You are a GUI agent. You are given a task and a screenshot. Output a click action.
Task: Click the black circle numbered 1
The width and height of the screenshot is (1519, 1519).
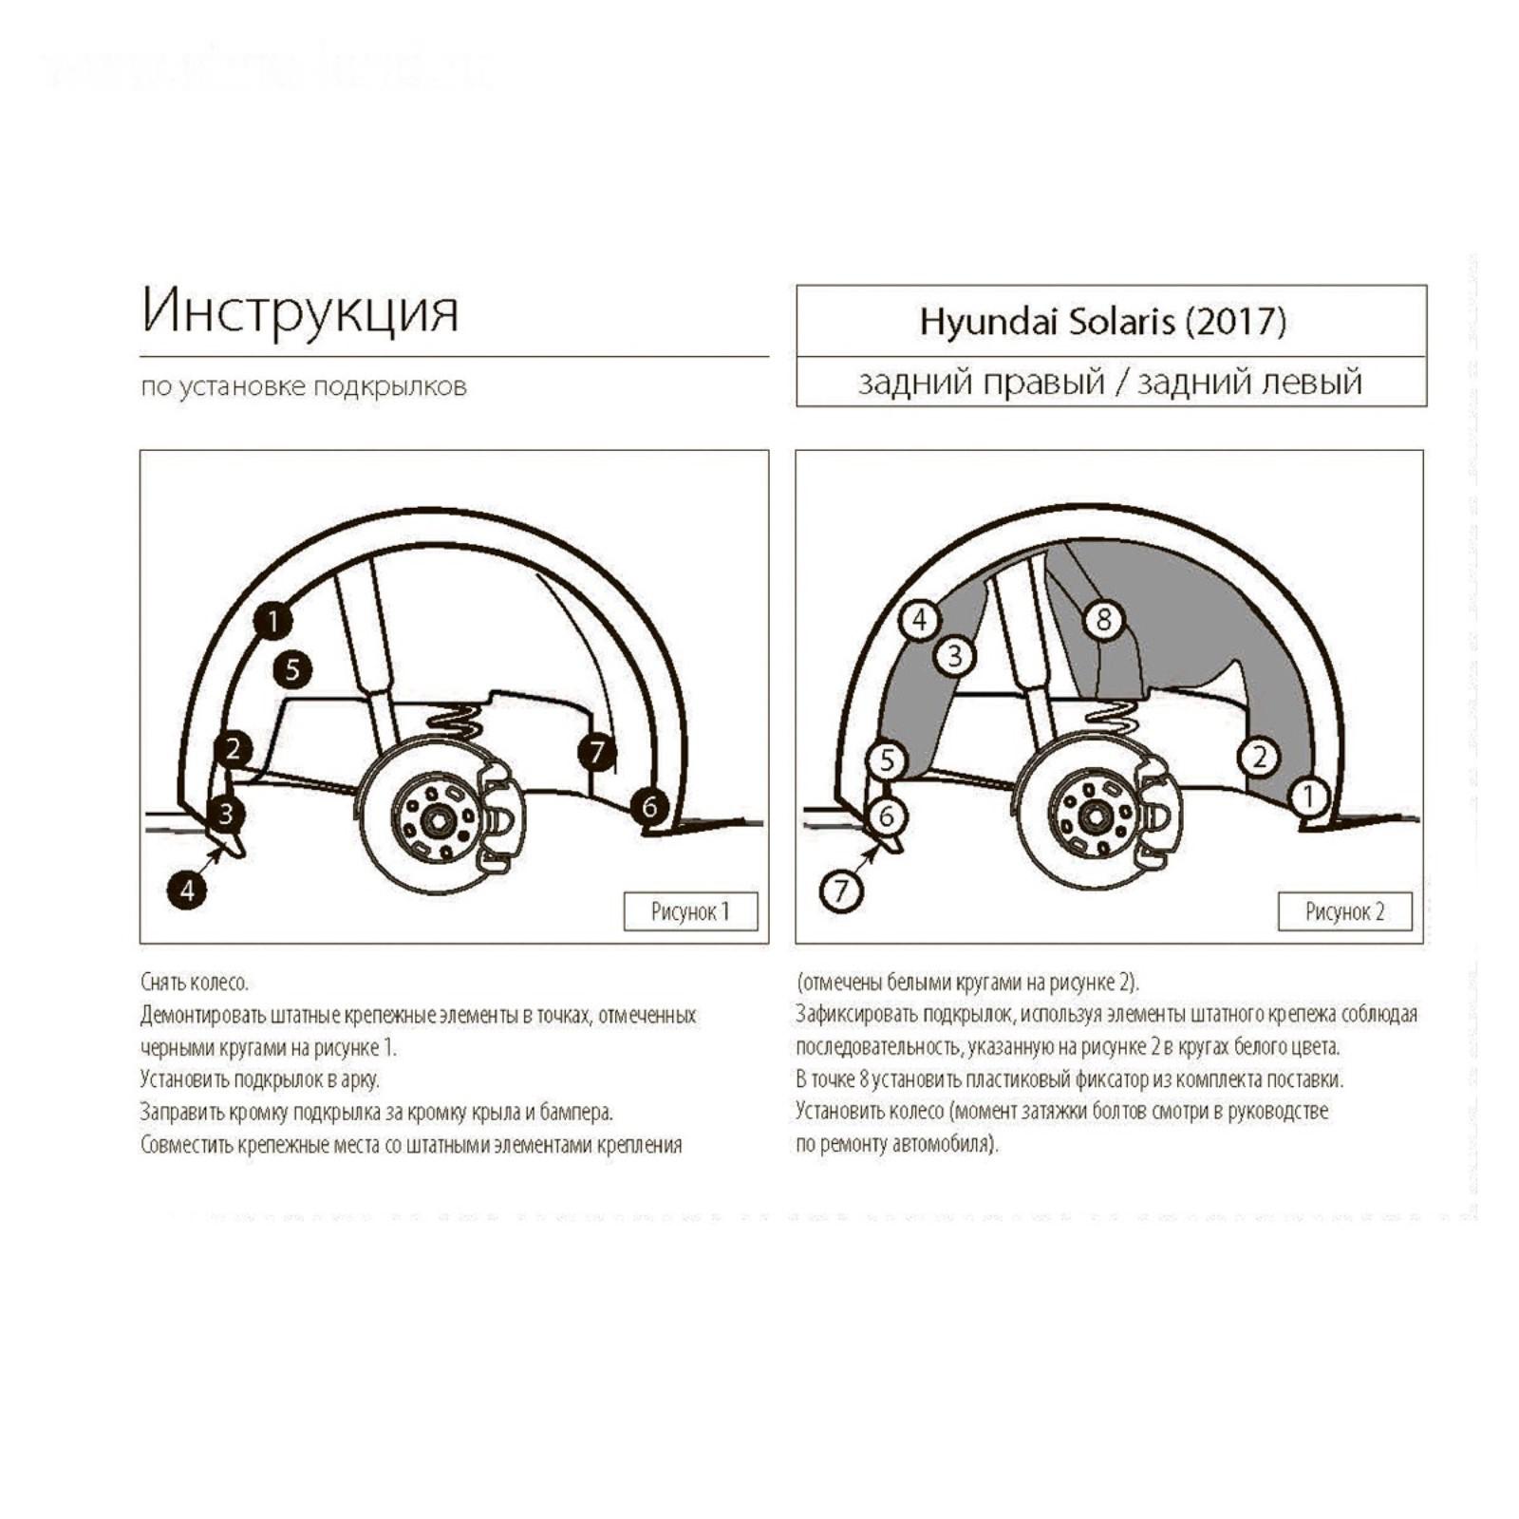[x=272, y=622]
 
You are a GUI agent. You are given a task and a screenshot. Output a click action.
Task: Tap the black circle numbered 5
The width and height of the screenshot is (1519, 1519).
[x=292, y=670]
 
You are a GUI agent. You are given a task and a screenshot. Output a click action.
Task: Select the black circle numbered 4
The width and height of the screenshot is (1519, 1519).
[x=187, y=891]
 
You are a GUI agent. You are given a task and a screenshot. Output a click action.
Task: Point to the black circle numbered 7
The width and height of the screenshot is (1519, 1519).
[x=597, y=752]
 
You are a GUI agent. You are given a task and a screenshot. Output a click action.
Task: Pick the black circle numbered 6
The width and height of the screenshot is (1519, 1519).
[x=649, y=806]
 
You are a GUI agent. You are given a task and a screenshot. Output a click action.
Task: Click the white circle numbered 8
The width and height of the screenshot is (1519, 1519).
[x=1103, y=620]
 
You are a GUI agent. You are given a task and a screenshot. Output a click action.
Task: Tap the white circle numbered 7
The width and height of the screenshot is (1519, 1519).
[x=841, y=891]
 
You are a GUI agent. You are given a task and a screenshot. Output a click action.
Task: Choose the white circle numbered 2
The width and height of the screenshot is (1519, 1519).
[x=1260, y=757]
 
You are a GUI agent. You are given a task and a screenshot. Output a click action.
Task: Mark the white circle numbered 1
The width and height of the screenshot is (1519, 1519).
[x=1309, y=796]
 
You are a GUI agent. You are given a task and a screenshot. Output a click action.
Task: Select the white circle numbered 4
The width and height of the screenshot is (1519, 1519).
[x=919, y=620]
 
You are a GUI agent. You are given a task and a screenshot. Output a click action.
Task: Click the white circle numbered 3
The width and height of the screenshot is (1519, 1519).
[x=955, y=655]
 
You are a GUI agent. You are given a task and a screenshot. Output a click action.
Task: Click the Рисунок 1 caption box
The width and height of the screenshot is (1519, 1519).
[x=690, y=911]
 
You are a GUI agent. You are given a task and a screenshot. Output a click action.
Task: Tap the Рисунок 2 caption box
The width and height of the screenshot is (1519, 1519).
[x=1344, y=911]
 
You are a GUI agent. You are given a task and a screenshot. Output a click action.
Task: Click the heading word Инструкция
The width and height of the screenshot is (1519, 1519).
[x=300, y=310]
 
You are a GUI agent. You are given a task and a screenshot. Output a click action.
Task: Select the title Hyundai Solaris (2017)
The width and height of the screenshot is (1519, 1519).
[x=1102, y=321]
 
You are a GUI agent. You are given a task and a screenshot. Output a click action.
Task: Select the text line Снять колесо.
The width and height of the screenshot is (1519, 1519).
[x=194, y=982]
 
